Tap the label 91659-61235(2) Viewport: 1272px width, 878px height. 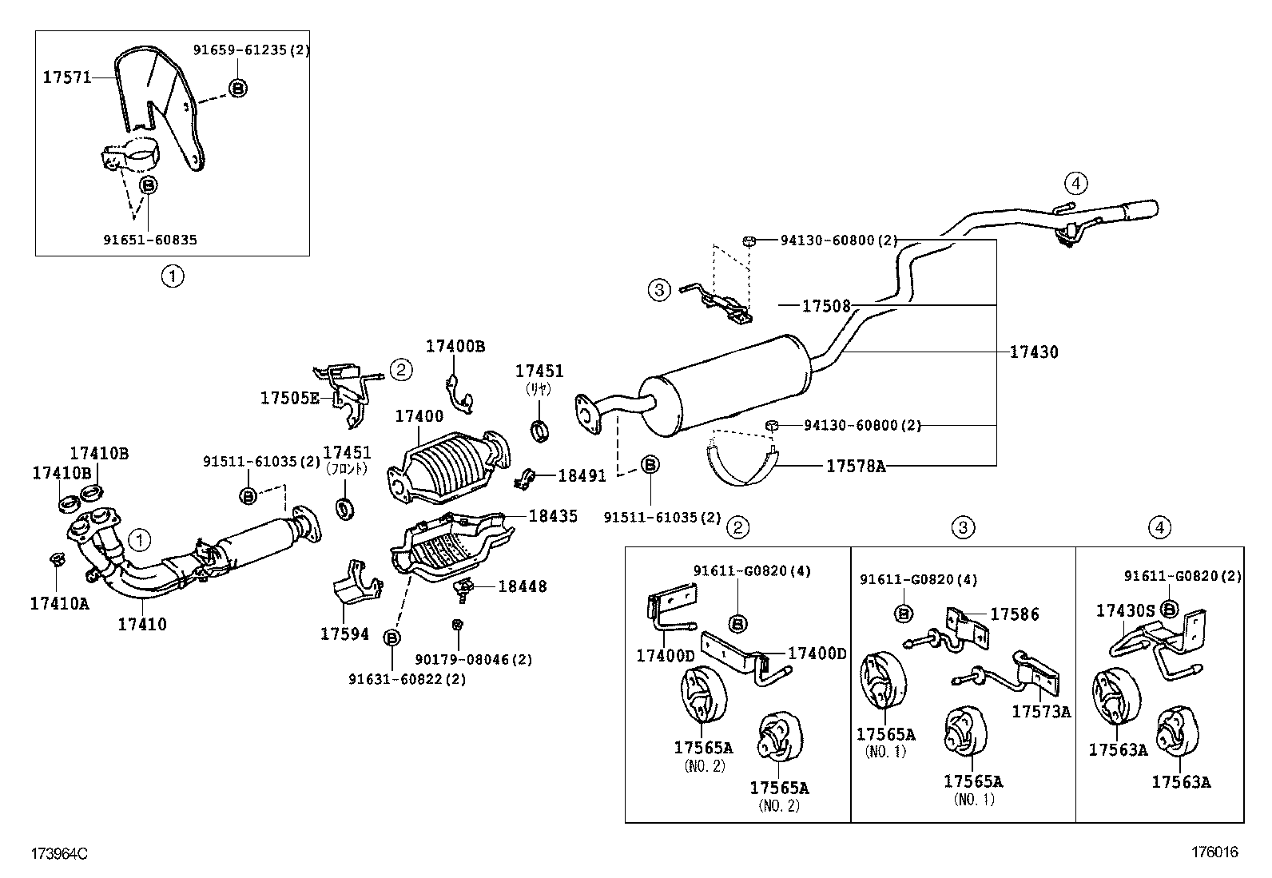[x=251, y=50]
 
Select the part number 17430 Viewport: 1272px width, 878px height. [x=1033, y=352]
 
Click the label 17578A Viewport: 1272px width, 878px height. [x=856, y=466]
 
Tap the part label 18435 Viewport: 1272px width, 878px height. [x=552, y=516]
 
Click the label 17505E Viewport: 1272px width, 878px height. [x=289, y=397]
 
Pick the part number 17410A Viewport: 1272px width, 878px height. [x=59, y=604]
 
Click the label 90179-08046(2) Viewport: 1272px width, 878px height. [x=473, y=660]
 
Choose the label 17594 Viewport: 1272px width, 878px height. [x=344, y=634]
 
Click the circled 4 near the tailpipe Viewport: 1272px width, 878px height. [x=1075, y=184]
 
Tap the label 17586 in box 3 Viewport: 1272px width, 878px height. [x=1015, y=614]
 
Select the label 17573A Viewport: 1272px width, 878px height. [x=1041, y=712]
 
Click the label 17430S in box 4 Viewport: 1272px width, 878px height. [x=1125, y=611]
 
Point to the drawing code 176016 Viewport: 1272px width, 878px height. [x=1214, y=852]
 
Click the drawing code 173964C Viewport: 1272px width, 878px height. [x=58, y=854]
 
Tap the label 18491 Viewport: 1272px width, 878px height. [x=582, y=476]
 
